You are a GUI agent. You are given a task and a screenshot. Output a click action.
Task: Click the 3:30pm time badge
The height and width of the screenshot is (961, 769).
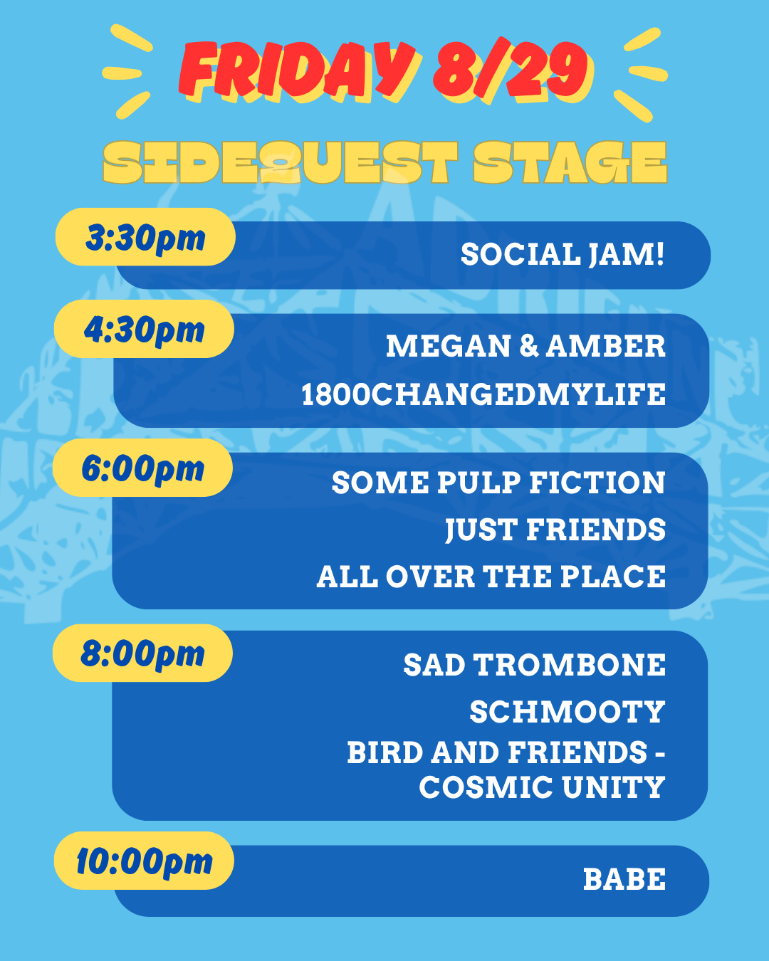(145, 236)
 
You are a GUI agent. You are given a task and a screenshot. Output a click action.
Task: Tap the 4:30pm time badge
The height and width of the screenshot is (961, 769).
(144, 329)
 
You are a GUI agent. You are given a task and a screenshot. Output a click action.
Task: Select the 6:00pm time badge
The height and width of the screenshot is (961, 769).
(142, 468)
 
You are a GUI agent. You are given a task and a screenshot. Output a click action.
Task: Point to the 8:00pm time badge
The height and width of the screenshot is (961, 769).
(142, 653)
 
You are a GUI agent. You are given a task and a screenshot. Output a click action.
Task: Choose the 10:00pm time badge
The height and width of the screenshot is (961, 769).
(144, 861)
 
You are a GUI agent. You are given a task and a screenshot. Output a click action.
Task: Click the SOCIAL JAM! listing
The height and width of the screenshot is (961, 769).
(563, 255)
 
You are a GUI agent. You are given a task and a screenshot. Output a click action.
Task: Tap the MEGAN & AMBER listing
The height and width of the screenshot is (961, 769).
(525, 346)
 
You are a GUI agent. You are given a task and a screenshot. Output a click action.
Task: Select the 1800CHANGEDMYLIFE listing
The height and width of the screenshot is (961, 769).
(483, 394)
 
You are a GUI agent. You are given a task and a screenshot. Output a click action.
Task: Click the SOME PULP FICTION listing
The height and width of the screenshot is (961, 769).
(498, 483)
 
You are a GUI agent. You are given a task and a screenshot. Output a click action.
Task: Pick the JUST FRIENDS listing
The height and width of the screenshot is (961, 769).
(555, 530)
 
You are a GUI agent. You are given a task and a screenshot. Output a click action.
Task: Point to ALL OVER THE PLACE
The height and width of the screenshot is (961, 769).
(491, 577)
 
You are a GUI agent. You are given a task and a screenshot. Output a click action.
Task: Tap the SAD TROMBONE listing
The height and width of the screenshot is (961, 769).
(535, 664)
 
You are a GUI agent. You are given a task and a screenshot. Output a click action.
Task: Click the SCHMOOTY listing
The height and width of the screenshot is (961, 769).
(567, 711)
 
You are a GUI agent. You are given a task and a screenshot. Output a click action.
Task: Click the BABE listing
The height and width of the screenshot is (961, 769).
(624, 879)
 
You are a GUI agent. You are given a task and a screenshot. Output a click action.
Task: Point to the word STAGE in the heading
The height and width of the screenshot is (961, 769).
(570, 162)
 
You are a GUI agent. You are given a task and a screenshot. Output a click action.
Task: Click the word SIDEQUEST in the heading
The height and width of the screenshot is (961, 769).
(281, 162)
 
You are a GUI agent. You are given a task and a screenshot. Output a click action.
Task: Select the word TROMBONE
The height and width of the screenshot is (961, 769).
(570, 664)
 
